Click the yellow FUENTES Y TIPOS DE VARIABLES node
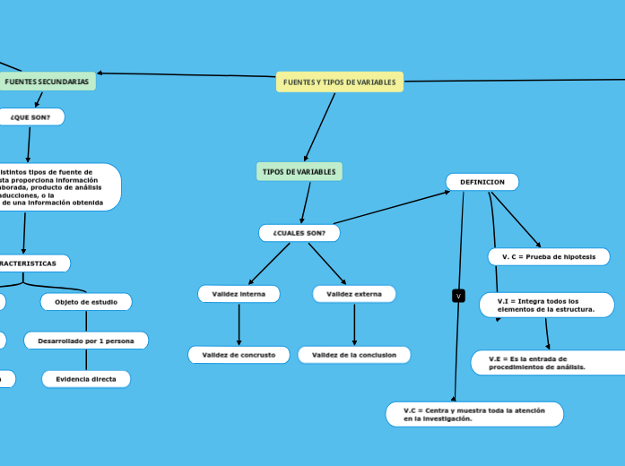[x=339, y=82]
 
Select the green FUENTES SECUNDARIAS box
[x=47, y=82]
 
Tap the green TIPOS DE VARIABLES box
[x=299, y=171]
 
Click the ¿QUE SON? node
[x=30, y=116]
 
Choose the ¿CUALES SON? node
[x=299, y=233]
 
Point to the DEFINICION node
[x=482, y=182]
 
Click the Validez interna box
[x=239, y=294]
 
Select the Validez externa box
[x=354, y=294]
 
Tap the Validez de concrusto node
[x=239, y=355]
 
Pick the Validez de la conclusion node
[x=354, y=355]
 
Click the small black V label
[x=458, y=296]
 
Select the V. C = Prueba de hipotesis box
[x=549, y=257]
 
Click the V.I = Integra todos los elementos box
[x=547, y=306]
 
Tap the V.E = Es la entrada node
[x=548, y=362]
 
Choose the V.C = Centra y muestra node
[x=474, y=414]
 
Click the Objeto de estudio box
[x=86, y=302]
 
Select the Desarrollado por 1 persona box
[x=86, y=341]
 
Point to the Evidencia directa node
[x=86, y=379]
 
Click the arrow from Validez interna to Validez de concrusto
[x=239, y=324]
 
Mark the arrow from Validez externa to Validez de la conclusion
[x=354, y=324]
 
